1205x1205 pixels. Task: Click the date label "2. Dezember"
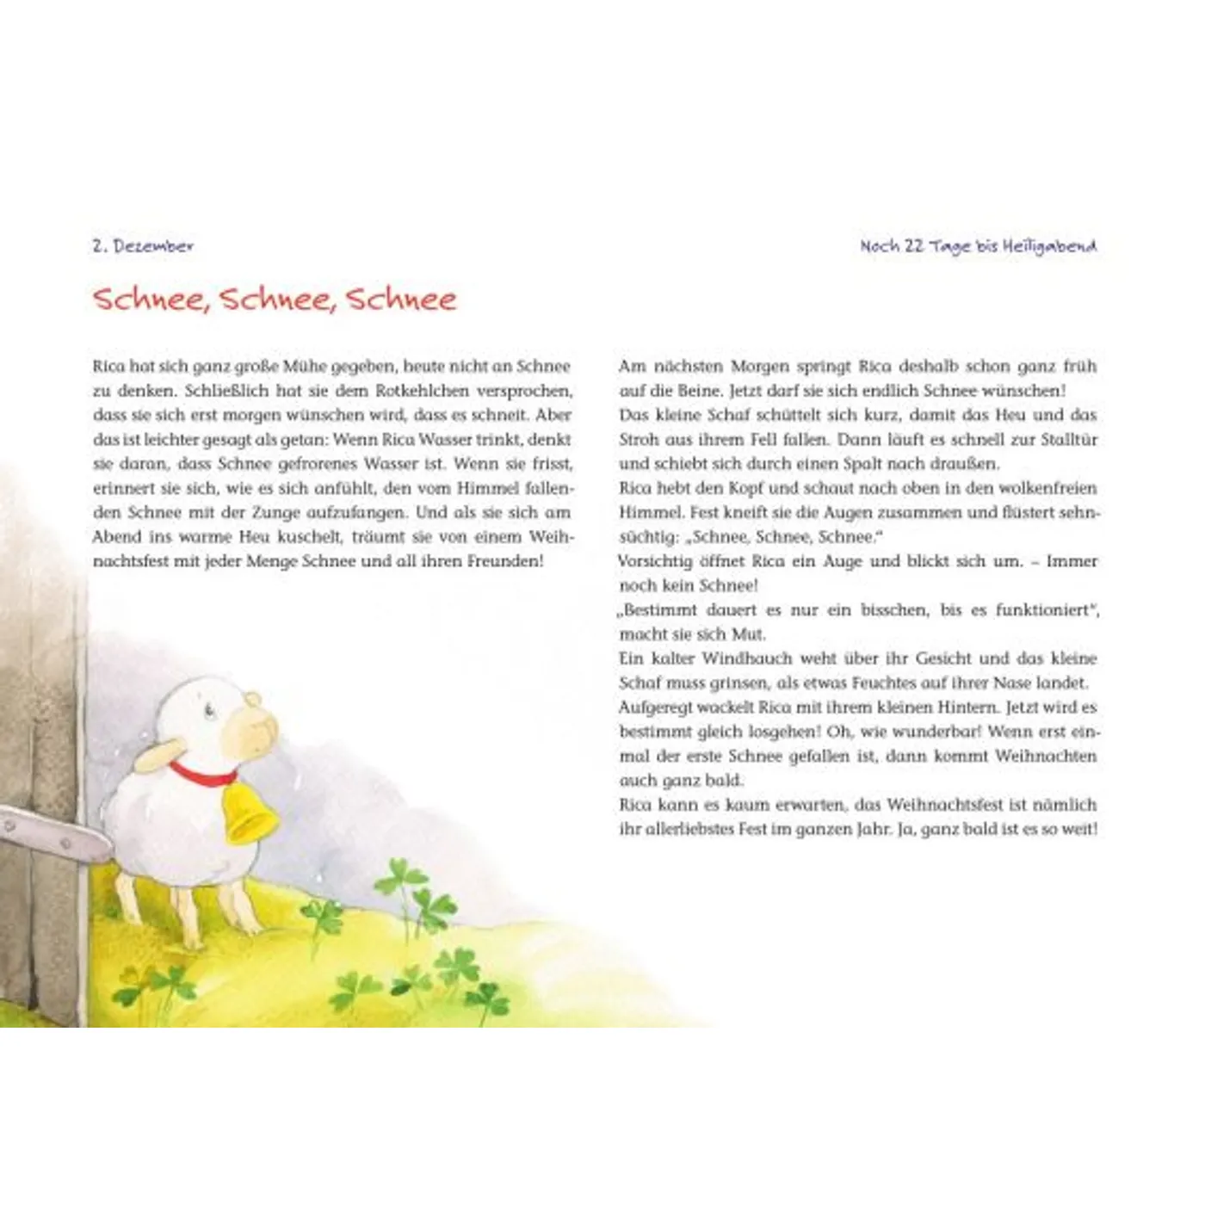point(143,245)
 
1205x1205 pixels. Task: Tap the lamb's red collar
point(203,772)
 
